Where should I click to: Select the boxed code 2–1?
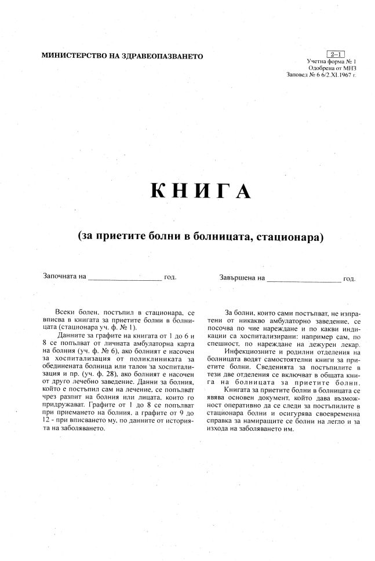(x=337, y=53)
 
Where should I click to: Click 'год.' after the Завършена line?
(x=349, y=278)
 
